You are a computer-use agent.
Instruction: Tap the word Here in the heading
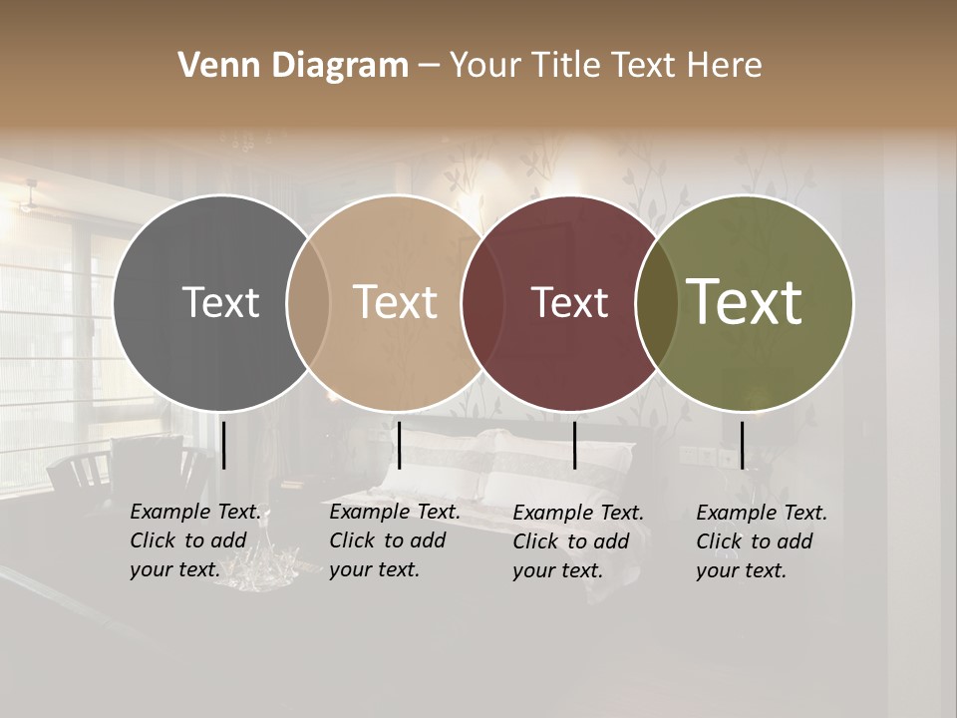[x=726, y=66]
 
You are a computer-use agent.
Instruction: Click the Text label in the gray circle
[x=220, y=302]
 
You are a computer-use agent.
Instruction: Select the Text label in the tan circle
[x=395, y=302]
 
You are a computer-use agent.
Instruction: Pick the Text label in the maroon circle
[x=569, y=302]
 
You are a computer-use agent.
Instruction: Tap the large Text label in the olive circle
[x=745, y=302]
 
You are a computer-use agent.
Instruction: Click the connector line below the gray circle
[x=223, y=445]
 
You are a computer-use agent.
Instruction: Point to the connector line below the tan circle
[x=399, y=445]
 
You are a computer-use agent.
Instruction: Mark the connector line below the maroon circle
[x=574, y=445]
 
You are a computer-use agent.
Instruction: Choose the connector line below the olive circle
[x=742, y=445]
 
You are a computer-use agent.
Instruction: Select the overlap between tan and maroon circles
[x=475, y=302]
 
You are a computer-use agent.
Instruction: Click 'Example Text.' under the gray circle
[x=195, y=512]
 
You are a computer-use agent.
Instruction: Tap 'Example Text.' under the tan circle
[x=395, y=512]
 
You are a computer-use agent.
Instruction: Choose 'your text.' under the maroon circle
[x=557, y=570]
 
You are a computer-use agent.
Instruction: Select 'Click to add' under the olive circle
[x=755, y=541]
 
